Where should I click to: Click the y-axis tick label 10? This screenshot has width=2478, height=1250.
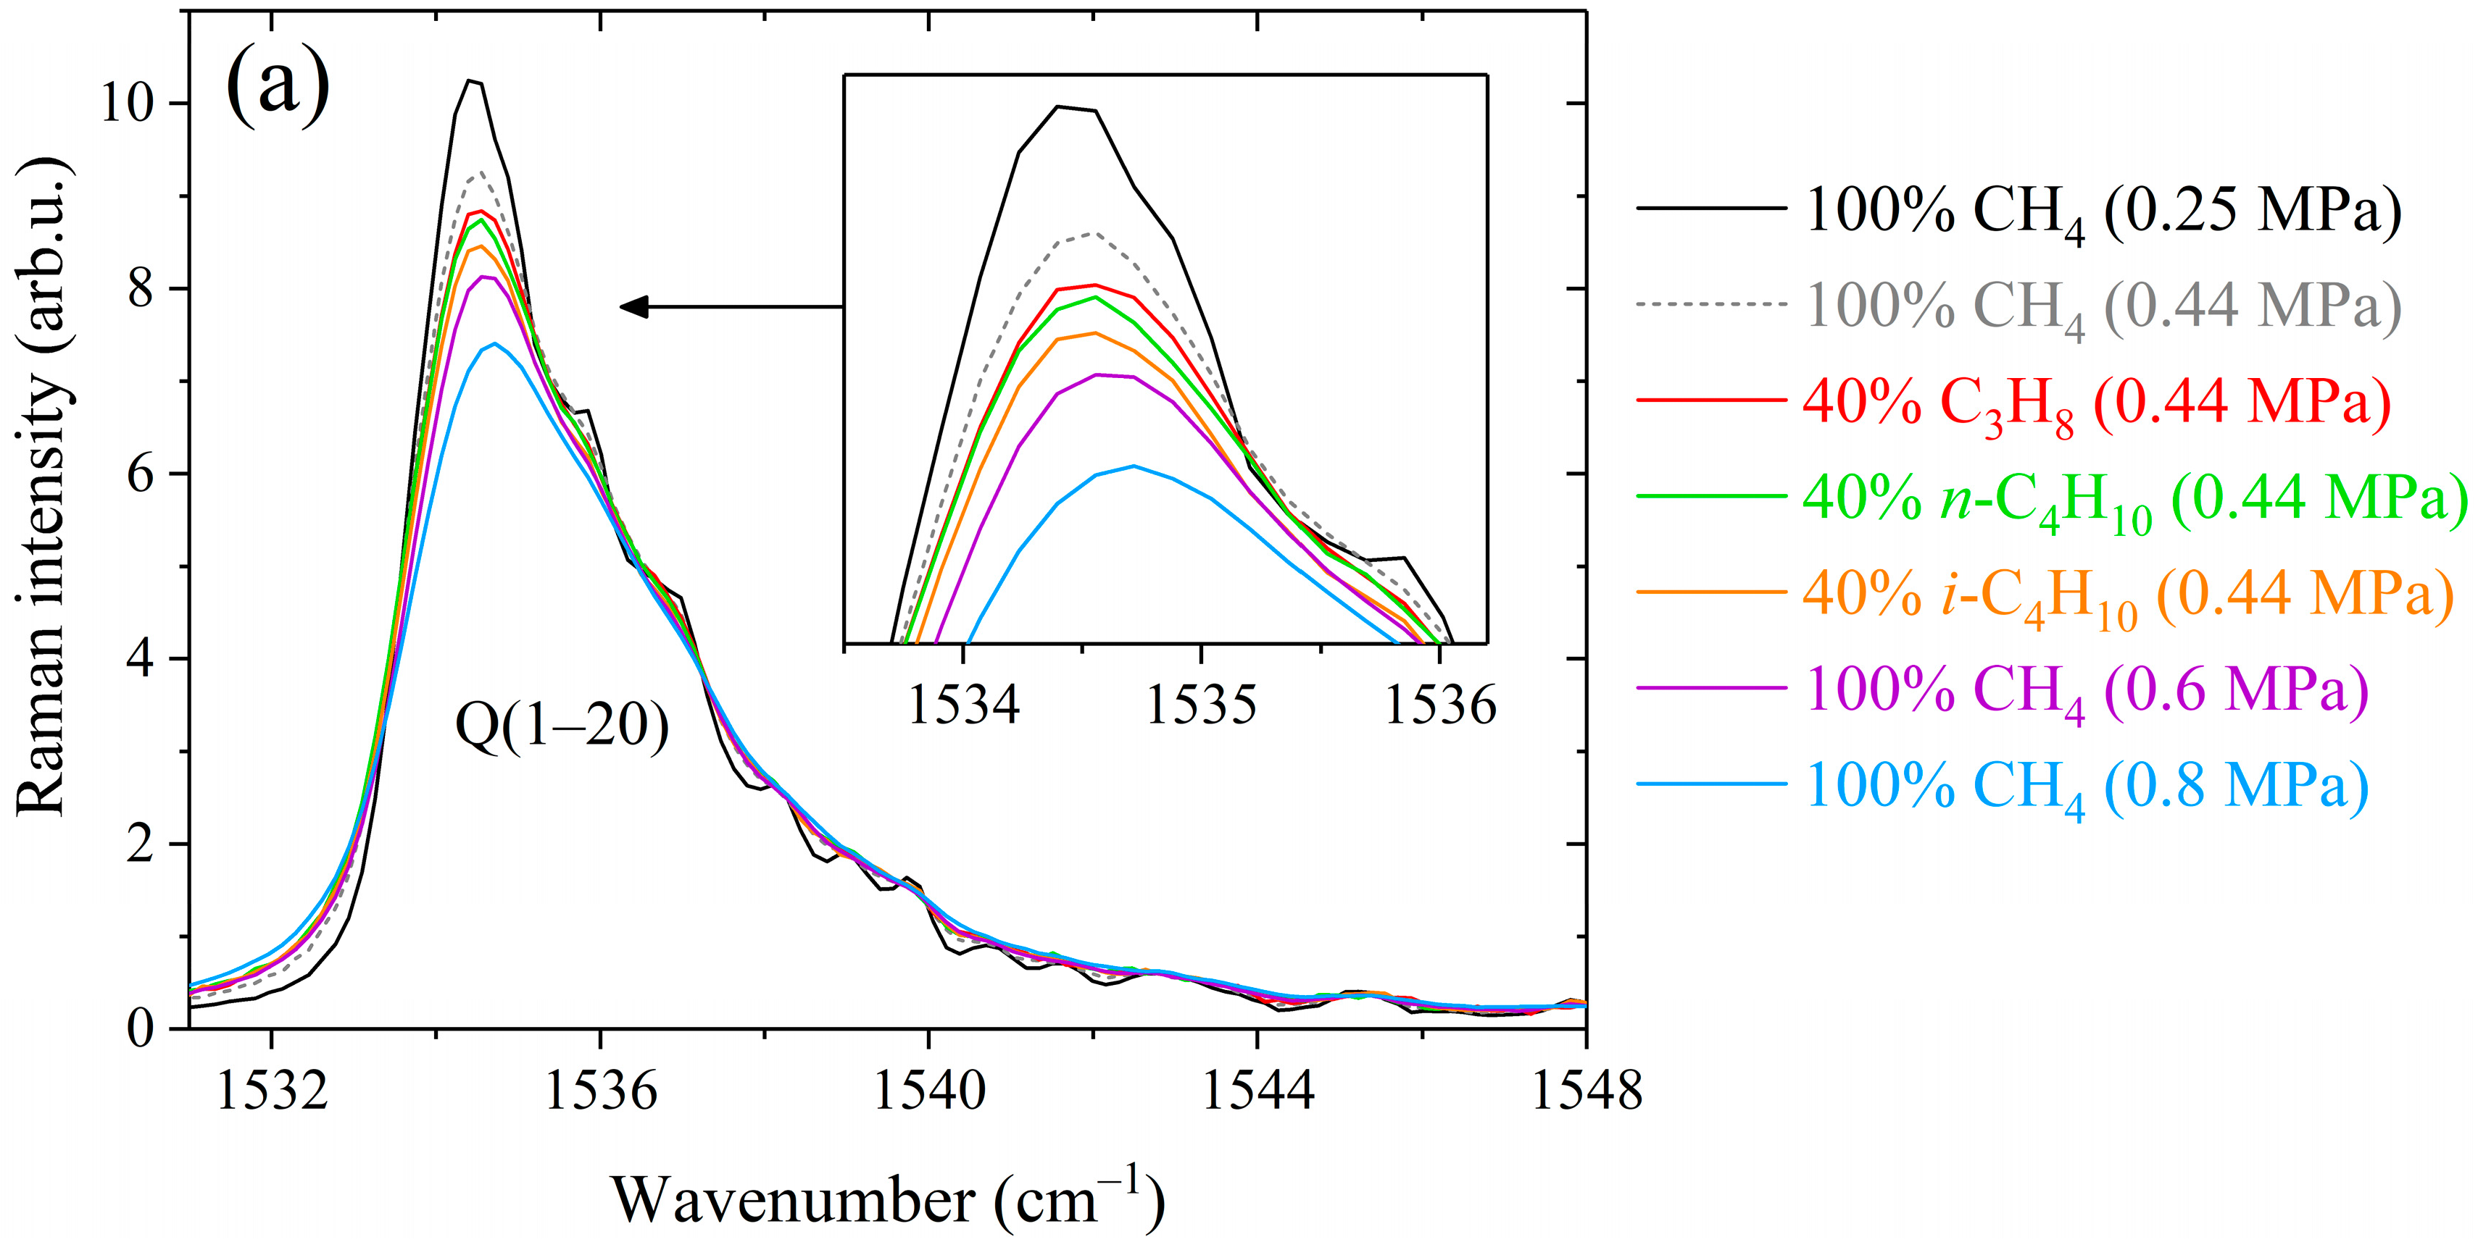point(127,103)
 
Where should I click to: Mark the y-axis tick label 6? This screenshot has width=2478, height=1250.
point(141,474)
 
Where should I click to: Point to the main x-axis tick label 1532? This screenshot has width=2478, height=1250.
point(273,1091)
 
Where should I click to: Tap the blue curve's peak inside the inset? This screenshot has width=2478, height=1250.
point(1134,466)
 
